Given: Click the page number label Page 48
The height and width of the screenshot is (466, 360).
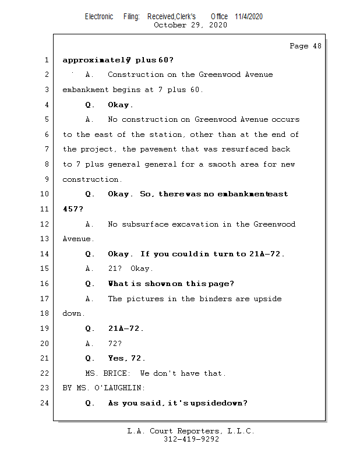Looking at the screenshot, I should pos(305,47).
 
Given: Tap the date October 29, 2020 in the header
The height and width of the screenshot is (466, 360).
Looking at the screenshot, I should pos(190,25).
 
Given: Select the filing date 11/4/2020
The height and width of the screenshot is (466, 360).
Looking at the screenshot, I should pos(249,16).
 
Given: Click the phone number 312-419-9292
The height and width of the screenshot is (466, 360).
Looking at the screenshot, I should pos(191,440).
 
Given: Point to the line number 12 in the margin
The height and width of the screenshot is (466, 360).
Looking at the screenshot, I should pos(45,224).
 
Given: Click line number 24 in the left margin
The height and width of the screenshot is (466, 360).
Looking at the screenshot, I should pos(45,403).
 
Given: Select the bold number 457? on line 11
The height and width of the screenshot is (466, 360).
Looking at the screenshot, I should pos(73,209).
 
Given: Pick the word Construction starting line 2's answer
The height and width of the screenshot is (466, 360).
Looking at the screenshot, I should pos(136,75).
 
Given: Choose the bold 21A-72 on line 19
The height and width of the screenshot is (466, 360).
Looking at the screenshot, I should pos(125,329).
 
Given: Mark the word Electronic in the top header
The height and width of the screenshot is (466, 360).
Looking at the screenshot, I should pos(99,16).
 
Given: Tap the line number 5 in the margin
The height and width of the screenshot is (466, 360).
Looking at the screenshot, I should pos(45,119).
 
